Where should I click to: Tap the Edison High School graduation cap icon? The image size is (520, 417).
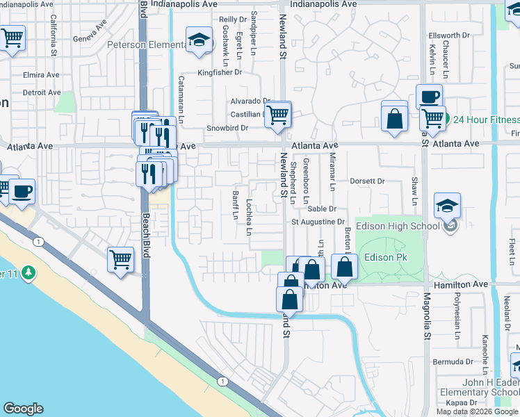pos(447,205)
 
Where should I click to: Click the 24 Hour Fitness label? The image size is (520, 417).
pos(486,120)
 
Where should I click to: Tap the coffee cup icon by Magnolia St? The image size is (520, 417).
pos(428,97)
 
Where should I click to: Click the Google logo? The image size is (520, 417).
pos(23,409)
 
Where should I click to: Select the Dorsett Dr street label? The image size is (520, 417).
pos(367,181)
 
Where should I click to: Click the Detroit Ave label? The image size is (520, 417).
pos(42,92)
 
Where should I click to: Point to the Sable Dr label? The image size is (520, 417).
pos(322,208)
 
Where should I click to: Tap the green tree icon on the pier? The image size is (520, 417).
pos(28,271)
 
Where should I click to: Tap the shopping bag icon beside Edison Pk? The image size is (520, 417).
pos(344,266)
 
